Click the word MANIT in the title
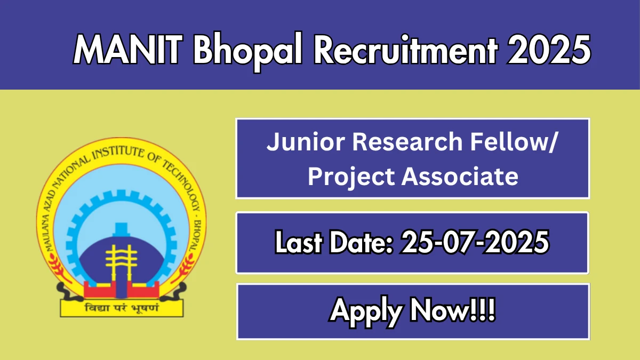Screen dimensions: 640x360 point(127,50)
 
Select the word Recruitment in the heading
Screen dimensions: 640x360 point(406,50)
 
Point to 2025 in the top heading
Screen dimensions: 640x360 point(549,50)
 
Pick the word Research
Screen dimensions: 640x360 point(407,141)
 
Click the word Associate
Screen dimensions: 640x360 point(460,177)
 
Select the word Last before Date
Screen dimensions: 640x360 point(298,242)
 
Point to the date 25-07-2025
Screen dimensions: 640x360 point(475,242)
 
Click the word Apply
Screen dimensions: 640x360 point(366,311)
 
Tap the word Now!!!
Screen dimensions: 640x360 point(453,310)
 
